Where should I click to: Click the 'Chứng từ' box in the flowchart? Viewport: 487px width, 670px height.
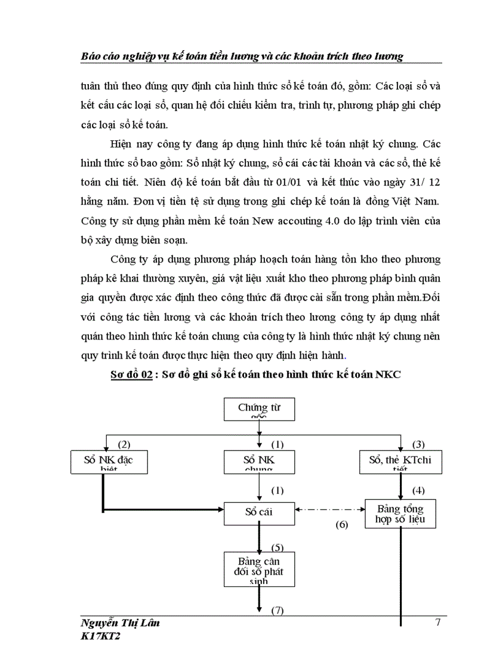pos(258,409)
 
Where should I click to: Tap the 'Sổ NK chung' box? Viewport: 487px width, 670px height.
pos(258,462)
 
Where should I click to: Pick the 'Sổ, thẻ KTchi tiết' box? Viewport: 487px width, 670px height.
pos(400,462)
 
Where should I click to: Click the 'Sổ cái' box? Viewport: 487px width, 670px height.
pos(258,512)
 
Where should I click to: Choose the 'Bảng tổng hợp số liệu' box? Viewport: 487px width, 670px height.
pos(400,513)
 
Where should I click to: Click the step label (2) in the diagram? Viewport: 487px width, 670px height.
pos(124,444)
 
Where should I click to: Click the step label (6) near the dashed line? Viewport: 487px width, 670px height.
pos(341,526)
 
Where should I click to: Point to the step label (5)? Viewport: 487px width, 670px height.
pos(277,547)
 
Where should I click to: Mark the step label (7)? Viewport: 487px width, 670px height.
pos(277,610)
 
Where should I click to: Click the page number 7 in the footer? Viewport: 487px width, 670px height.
pos(438,623)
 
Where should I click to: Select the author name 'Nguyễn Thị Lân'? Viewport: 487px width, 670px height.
pos(119,623)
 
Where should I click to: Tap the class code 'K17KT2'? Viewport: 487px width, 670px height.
pos(103,637)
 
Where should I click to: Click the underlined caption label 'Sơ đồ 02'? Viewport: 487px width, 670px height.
pos(130,375)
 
